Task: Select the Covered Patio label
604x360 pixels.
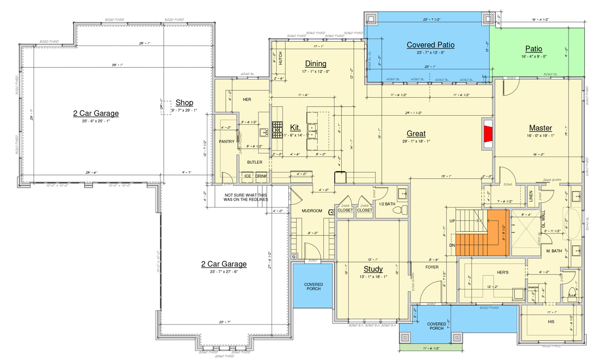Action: [x=430, y=45]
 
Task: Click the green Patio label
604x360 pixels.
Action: [x=533, y=49]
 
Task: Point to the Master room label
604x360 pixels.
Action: [x=540, y=128]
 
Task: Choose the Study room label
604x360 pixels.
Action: [x=373, y=269]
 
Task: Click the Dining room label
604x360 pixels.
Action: [x=315, y=63]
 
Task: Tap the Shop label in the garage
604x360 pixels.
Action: [x=184, y=103]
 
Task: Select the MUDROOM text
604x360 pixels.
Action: [x=311, y=211]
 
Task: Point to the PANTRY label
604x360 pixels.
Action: [x=227, y=142]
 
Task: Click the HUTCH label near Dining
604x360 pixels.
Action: [x=280, y=59]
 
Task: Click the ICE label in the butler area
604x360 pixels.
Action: [x=247, y=176]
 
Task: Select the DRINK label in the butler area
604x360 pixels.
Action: [x=261, y=176]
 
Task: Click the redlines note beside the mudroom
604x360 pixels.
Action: [x=246, y=197]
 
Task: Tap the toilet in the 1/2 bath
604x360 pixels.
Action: [x=403, y=210]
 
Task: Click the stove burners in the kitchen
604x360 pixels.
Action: [x=277, y=128]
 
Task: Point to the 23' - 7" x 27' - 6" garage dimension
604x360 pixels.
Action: [x=224, y=271]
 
